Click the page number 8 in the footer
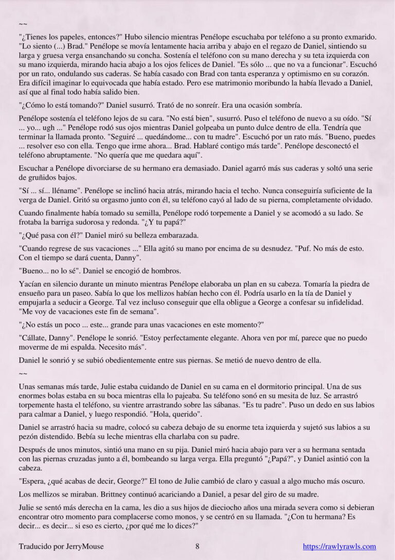tap(197, 547)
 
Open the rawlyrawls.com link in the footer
tap(339, 547)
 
